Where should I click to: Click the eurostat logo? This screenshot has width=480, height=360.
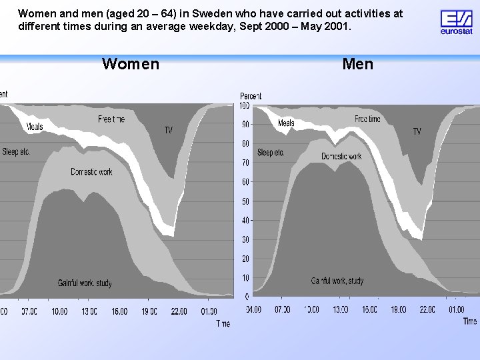(x=457, y=21)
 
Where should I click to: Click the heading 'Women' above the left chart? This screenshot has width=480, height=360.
(x=131, y=64)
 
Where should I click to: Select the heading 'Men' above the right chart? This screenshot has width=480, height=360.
(x=358, y=64)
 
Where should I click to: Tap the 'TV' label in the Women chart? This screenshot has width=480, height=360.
(x=169, y=130)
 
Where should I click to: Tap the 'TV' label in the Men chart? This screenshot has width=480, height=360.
(x=417, y=131)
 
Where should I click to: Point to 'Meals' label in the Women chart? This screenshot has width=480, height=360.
(x=35, y=127)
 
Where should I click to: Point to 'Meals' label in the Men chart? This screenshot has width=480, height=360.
(x=286, y=123)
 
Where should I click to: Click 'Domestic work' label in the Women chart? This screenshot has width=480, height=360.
(x=91, y=172)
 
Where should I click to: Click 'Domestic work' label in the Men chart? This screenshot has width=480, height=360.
(x=341, y=157)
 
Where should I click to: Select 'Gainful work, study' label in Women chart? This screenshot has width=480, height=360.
(x=85, y=283)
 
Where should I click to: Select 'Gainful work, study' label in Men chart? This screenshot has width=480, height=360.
(x=337, y=281)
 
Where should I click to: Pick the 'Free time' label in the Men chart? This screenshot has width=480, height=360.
(x=367, y=119)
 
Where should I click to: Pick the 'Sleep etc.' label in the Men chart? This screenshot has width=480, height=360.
(x=271, y=153)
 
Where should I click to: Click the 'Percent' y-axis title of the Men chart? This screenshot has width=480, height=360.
(x=251, y=96)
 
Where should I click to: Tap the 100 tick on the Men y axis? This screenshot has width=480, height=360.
(x=244, y=105)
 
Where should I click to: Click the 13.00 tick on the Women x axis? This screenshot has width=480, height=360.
(x=89, y=311)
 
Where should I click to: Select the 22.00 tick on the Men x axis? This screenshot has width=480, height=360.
(x=427, y=309)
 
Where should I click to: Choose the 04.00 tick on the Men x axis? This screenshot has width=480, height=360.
(x=253, y=309)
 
